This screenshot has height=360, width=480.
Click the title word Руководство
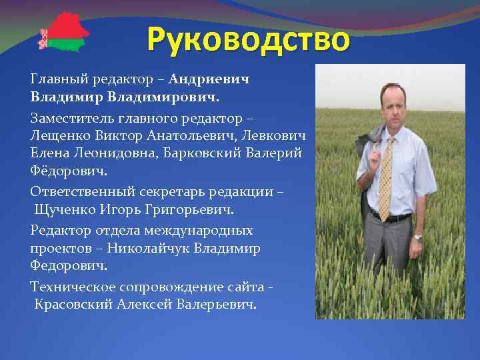248,39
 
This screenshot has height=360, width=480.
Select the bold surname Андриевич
209,79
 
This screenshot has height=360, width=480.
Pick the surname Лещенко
58,135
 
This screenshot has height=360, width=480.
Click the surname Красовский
73,305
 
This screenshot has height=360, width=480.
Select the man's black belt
391,217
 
